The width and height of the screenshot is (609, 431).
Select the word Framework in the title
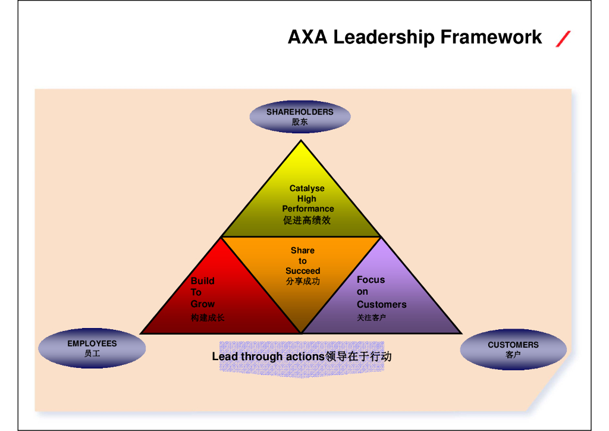[491, 38]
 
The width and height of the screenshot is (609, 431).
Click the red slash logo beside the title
[563, 39]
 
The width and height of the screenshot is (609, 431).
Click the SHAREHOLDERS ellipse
[300, 116]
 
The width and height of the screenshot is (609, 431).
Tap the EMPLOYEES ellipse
[92, 348]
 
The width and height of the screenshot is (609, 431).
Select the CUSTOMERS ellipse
[513, 349]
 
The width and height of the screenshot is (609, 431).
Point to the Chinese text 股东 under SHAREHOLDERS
[300, 122]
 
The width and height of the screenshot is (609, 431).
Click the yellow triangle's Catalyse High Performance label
[307, 199]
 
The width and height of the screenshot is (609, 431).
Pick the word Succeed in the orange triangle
[303, 271]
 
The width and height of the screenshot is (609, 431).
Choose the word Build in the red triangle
[203, 281]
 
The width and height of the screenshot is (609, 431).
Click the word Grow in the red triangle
[203, 304]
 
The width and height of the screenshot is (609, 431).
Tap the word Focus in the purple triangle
[371, 280]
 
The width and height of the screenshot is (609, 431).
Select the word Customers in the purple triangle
[382, 305]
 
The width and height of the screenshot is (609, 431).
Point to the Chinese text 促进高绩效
[307, 220]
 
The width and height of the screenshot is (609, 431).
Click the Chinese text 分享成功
[303, 281]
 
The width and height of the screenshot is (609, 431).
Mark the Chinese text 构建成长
[208, 318]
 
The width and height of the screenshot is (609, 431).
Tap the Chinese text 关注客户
[372, 318]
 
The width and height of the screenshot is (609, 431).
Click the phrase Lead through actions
[268, 357]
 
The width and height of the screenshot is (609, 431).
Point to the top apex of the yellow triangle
[301, 141]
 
